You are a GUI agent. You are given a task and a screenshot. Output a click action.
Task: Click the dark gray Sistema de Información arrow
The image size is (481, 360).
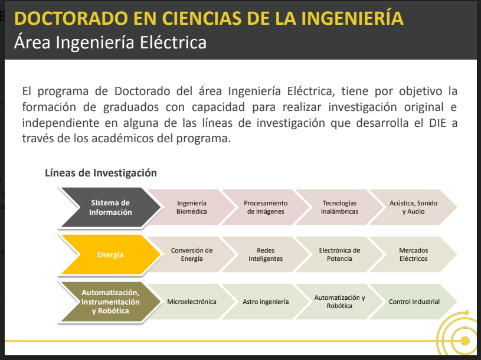pos(110,207)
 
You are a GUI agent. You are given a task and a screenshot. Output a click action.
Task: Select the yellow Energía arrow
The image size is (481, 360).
pos(110,254)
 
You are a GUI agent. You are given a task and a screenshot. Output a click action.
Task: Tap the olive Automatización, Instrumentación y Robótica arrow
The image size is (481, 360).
pos(110,302)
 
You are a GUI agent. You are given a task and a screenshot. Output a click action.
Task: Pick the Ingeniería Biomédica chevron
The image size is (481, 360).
pos(192,207)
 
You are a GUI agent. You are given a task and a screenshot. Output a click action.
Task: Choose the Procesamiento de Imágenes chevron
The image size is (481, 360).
pos(266,207)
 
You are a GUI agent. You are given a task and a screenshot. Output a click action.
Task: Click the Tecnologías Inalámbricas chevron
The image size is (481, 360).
pos(339,207)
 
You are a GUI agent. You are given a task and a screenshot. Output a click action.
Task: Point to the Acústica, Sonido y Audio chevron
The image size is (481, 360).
pos(414,207)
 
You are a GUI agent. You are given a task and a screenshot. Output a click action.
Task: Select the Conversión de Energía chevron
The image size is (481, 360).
pos(192,254)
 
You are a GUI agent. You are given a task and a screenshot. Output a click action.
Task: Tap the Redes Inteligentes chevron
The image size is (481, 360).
pos(266,254)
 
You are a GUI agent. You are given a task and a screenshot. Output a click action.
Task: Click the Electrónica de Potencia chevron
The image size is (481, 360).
pos(339,254)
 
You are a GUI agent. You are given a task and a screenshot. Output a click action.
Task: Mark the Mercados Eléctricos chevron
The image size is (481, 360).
pos(414,254)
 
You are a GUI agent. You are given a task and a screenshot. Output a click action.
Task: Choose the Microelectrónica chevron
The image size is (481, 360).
pos(192,302)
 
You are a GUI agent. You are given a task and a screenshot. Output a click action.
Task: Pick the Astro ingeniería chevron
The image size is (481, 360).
pos(266,302)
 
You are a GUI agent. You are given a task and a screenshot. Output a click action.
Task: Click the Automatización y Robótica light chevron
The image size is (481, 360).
pos(339,302)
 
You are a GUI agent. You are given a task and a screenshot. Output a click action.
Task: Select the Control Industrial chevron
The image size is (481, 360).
pos(414,302)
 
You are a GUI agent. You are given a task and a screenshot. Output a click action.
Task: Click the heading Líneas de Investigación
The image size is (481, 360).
pos(101,173)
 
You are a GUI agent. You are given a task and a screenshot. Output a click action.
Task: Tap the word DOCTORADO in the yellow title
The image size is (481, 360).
pos(71,18)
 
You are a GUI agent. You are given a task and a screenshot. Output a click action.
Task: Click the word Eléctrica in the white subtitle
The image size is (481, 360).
pos(173,42)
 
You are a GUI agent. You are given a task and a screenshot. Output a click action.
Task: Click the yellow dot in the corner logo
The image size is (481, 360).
pos(465,341)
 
